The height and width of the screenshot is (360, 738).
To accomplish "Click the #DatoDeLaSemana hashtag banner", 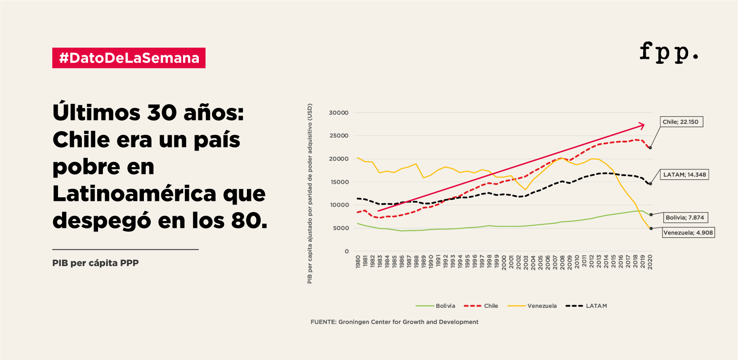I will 129,58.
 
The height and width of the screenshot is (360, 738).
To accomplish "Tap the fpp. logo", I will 669,52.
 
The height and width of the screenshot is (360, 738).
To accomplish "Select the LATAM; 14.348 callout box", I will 684,174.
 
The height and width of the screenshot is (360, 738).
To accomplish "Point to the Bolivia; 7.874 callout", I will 684,218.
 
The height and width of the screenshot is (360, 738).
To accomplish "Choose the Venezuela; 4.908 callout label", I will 688,232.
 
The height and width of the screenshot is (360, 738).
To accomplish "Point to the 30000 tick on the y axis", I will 339,113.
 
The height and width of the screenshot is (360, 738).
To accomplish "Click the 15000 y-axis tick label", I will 339,182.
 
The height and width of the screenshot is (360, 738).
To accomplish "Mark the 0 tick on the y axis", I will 346,251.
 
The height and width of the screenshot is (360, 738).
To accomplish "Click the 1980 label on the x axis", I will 358,262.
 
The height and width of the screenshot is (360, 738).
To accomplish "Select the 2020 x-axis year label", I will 650,262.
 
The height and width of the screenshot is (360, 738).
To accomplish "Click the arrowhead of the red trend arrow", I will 642,125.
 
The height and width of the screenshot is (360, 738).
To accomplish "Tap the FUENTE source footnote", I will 394,322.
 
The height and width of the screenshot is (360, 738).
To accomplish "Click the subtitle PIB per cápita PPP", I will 95,263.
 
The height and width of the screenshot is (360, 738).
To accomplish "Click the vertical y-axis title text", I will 309,193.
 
